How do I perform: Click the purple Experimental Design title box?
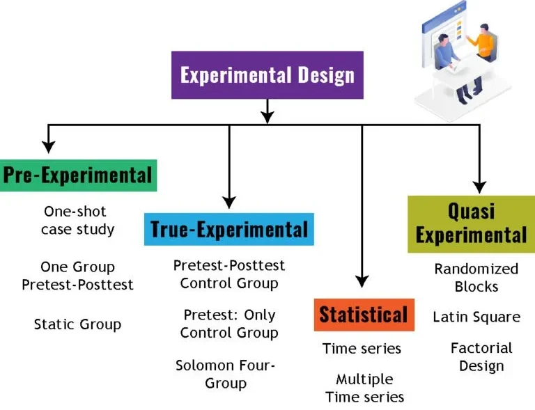click(267, 74)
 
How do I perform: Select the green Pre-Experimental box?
click(78, 175)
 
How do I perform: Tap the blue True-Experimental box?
click(229, 229)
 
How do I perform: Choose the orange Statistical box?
click(363, 315)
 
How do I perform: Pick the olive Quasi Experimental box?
click(471, 223)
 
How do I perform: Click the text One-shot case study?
click(77, 220)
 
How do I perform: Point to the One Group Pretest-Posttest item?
click(77, 276)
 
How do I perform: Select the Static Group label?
click(77, 324)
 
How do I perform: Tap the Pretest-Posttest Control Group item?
click(229, 274)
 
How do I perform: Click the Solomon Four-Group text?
click(226, 374)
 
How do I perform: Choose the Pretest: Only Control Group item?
click(229, 324)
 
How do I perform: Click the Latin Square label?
click(476, 317)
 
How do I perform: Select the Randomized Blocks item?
click(476, 277)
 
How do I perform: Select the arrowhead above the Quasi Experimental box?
click(479, 186)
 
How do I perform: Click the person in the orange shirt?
click(479, 52)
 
